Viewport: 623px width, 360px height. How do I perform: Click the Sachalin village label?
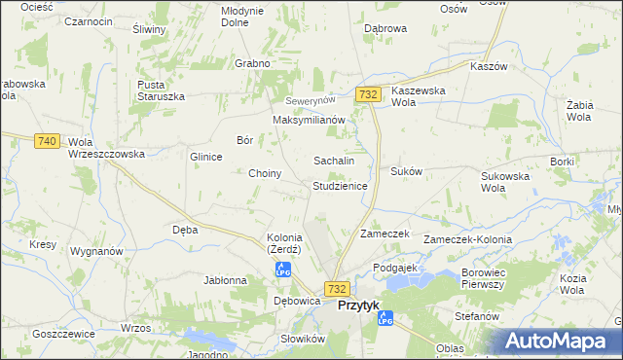pyautogui.click(x=332, y=161)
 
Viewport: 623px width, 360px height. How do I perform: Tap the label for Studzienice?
pyautogui.click(x=339, y=185)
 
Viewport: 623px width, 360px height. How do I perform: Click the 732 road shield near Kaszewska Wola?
pyautogui.click(x=367, y=93)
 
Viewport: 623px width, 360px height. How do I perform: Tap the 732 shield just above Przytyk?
pyautogui.click(x=337, y=289)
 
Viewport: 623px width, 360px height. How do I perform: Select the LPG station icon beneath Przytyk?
pyautogui.click(x=385, y=318)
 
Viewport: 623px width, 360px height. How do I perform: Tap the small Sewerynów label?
pyautogui.click(x=310, y=100)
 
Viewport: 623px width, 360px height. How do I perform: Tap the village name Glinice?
pyautogui.click(x=206, y=156)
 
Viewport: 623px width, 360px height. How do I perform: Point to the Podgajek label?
pyautogui.click(x=394, y=267)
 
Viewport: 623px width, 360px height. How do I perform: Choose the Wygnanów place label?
pyautogui.click(x=96, y=251)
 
